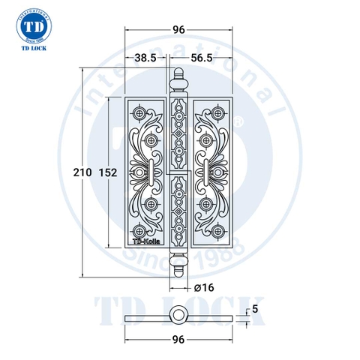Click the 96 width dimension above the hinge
[178, 30]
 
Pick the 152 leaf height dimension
[109, 173]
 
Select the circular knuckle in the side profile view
[178, 313]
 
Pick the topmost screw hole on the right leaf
[218, 112]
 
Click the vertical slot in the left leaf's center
[154, 172]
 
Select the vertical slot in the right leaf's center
[203, 172]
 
